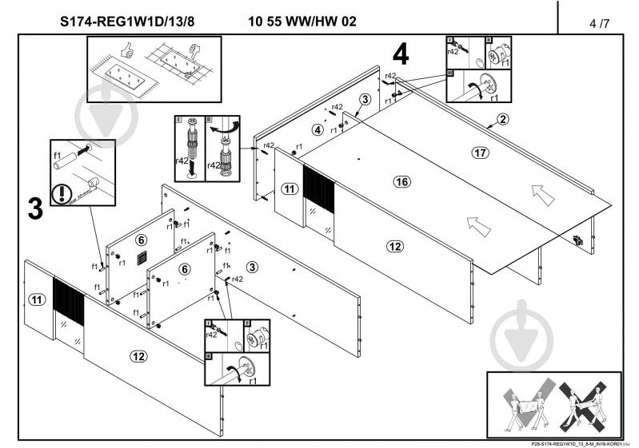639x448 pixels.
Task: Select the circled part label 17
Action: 480,152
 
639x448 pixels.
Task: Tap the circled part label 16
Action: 402,182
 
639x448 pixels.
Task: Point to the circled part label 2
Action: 502,120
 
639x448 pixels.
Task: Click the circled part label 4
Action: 318,129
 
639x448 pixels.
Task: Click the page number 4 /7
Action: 597,22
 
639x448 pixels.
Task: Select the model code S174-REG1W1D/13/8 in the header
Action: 127,22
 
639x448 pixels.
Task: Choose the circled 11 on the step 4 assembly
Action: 289,189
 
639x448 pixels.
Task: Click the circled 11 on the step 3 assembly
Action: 37,299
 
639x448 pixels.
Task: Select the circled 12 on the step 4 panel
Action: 393,247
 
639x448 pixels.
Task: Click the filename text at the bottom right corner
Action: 577,444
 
